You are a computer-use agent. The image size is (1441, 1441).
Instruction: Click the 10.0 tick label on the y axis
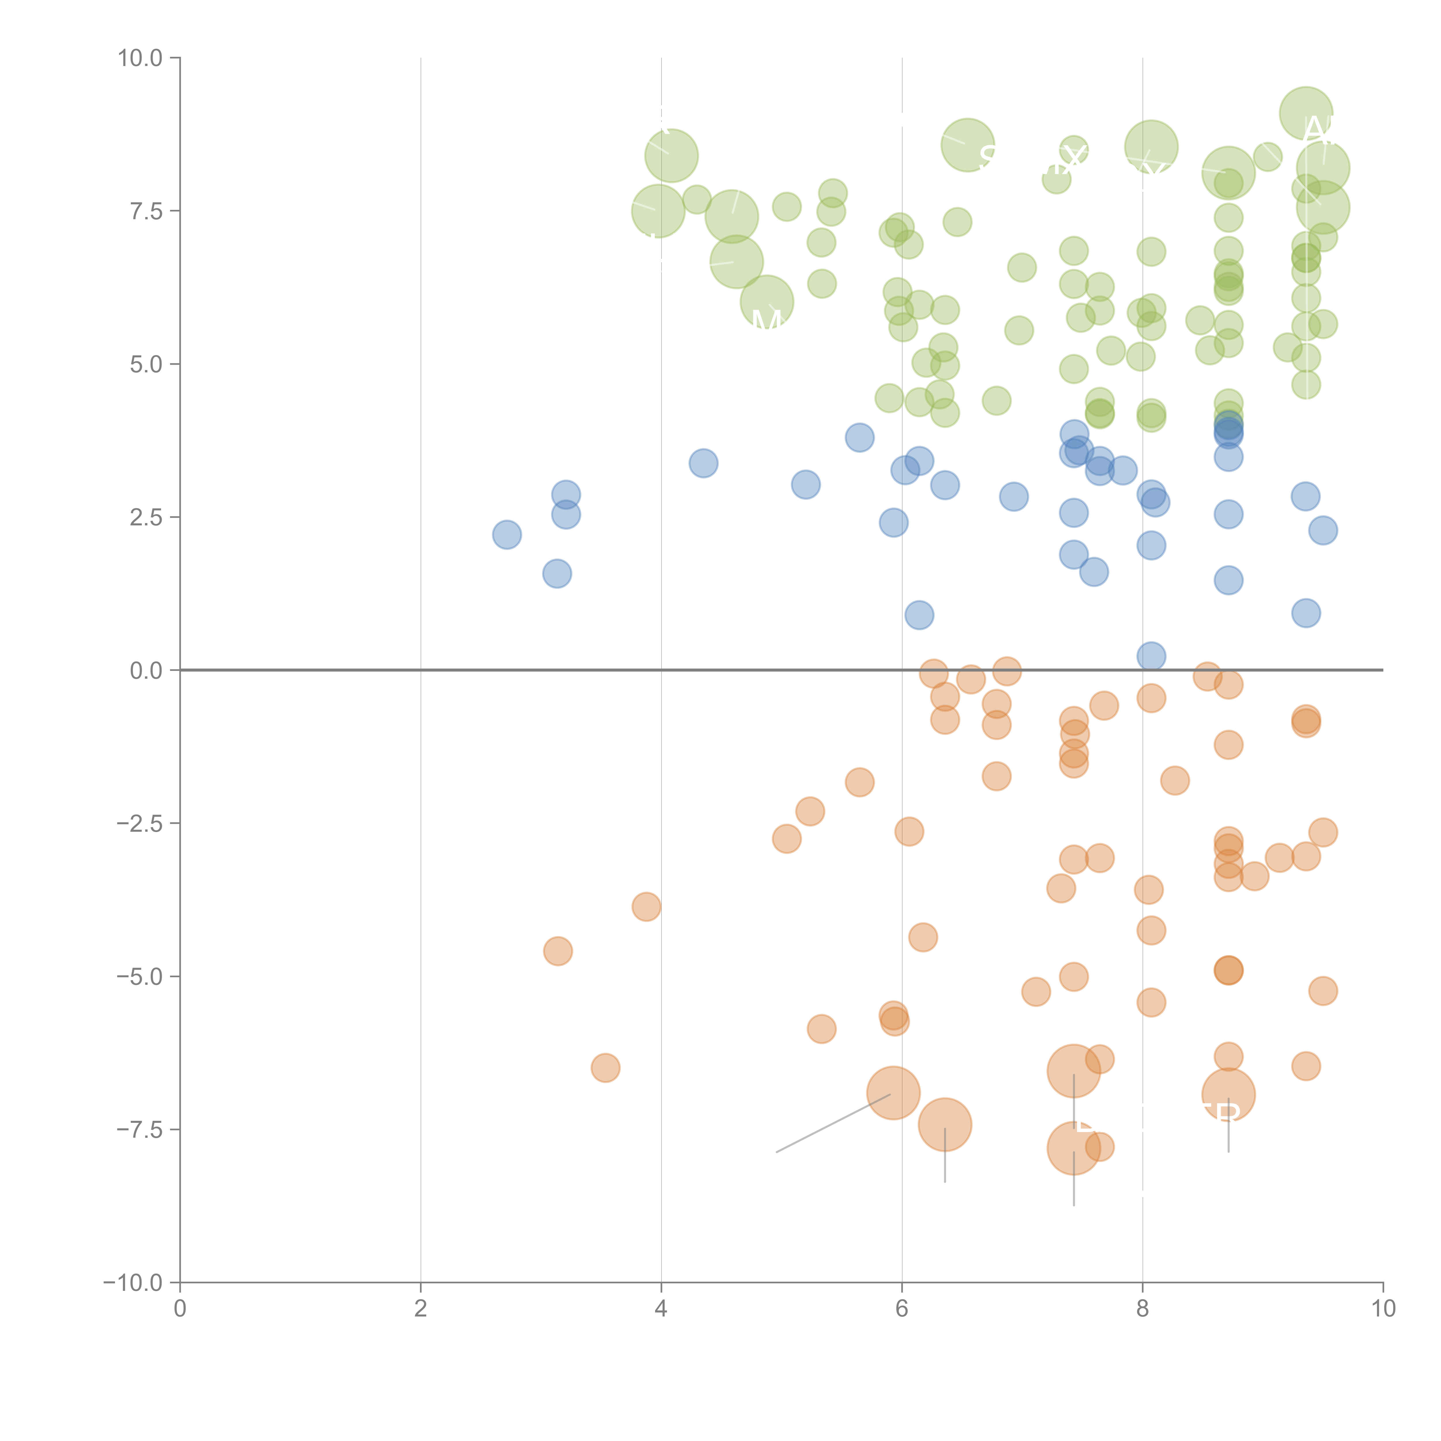pos(140,58)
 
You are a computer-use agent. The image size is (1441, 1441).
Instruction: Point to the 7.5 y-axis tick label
pos(146,211)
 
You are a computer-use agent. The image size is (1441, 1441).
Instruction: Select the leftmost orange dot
pos(558,951)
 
